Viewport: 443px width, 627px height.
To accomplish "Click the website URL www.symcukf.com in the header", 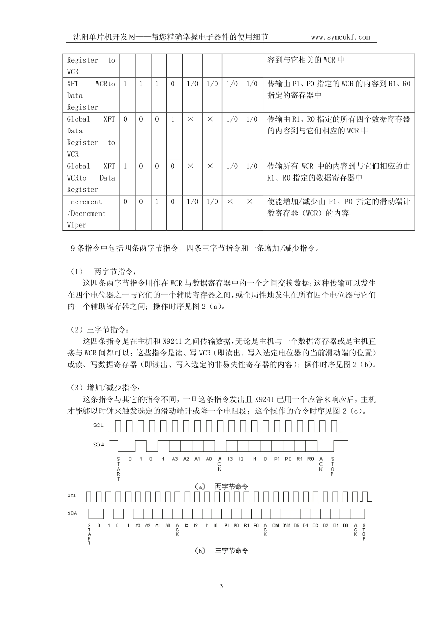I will [x=340, y=37].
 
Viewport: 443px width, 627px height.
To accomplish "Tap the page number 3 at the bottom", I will [x=221, y=586].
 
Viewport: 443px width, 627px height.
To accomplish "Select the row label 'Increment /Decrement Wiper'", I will [x=91, y=213].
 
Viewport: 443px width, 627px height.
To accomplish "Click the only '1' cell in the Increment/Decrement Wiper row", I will [x=157, y=202].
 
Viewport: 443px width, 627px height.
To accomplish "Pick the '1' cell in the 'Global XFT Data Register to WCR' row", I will [x=173, y=119].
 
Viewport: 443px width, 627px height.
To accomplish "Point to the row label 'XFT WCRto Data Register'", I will [x=91, y=95].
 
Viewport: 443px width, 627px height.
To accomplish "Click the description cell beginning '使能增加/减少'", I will [x=339, y=208].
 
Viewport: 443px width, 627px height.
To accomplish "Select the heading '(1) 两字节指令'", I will [x=104, y=271].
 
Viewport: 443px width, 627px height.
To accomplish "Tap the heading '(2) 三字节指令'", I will [x=104, y=330].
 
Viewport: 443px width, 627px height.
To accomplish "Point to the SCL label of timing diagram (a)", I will [x=98, y=425].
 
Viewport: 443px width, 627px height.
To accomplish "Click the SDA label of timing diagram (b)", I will [x=72, y=513].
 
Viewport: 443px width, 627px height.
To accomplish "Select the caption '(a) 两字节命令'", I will [x=221, y=486].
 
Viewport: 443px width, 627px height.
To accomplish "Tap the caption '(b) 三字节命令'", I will [x=221, y=550].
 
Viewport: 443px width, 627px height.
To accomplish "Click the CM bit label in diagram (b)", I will [x=276, y=526].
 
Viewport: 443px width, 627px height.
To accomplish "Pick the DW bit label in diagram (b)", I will [x=286, y=526].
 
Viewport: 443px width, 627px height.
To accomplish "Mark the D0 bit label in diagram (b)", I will [x=345, y=526].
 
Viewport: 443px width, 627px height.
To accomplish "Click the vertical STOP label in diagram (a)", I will [x=332, y=467].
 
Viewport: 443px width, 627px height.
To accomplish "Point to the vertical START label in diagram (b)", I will [x=89, y=534].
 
